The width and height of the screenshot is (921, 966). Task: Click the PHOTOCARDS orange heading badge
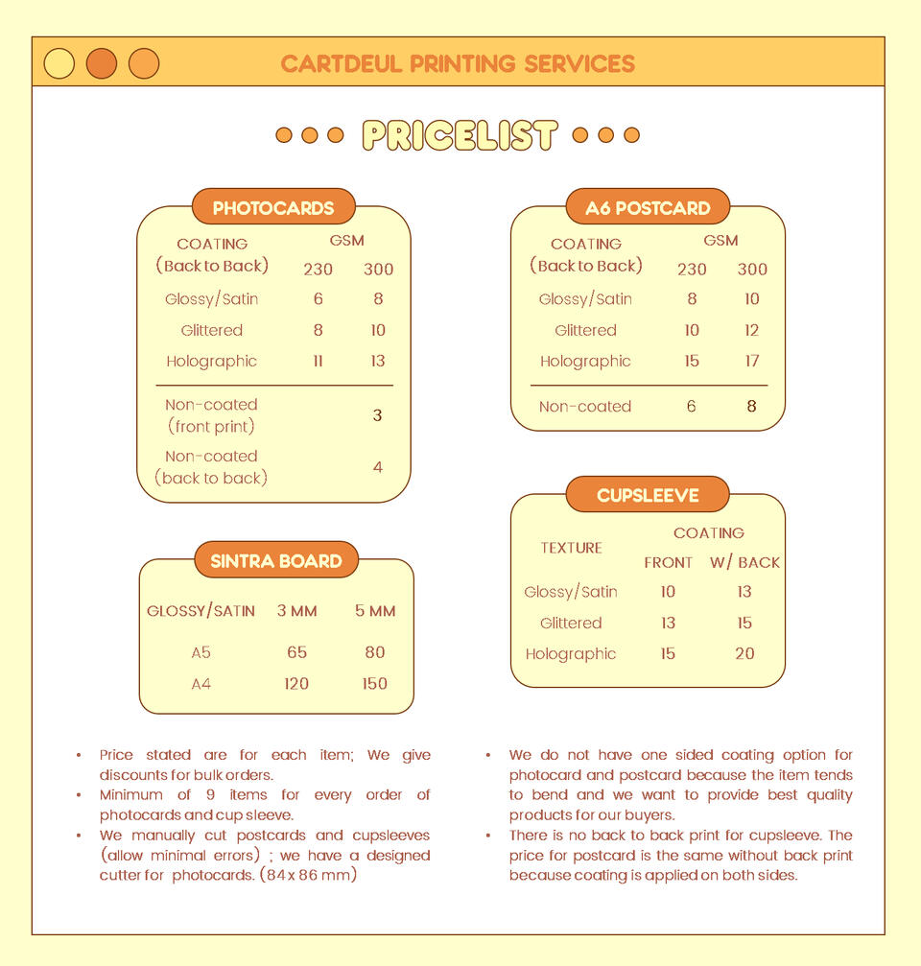pos(273,207)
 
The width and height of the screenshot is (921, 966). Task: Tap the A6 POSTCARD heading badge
pos(648,207)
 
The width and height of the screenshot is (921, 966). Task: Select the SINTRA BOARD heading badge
pos(276,560)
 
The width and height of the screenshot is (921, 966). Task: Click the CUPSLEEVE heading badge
pos(648,495)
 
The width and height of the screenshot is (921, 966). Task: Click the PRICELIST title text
pos(460,135)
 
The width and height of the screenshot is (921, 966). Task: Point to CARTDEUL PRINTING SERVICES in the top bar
pos(458,64)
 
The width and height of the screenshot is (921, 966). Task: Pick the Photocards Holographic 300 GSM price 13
pos(378,361)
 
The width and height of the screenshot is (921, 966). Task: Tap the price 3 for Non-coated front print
pos(378,415)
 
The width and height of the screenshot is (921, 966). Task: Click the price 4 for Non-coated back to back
pos(378,467)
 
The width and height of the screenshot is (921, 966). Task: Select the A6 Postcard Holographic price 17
pos(752,361)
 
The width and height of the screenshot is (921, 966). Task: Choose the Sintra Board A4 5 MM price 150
pos(374,683)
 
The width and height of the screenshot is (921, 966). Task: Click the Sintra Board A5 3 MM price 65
pos(297,652)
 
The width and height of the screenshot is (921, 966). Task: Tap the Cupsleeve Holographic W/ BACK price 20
pos(744,653)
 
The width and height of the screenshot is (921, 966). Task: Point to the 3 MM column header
pos(297,611)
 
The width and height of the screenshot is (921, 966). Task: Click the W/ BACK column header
pos(744,562)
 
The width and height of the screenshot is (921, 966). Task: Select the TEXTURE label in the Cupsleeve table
pos(571,548)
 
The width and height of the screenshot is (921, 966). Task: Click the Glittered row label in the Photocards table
pos(212,330)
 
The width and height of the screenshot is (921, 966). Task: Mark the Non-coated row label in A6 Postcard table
pos(585,406)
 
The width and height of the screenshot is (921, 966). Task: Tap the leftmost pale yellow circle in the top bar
pos(59,63)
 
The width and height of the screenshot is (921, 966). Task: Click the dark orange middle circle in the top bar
pos(102,63)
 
